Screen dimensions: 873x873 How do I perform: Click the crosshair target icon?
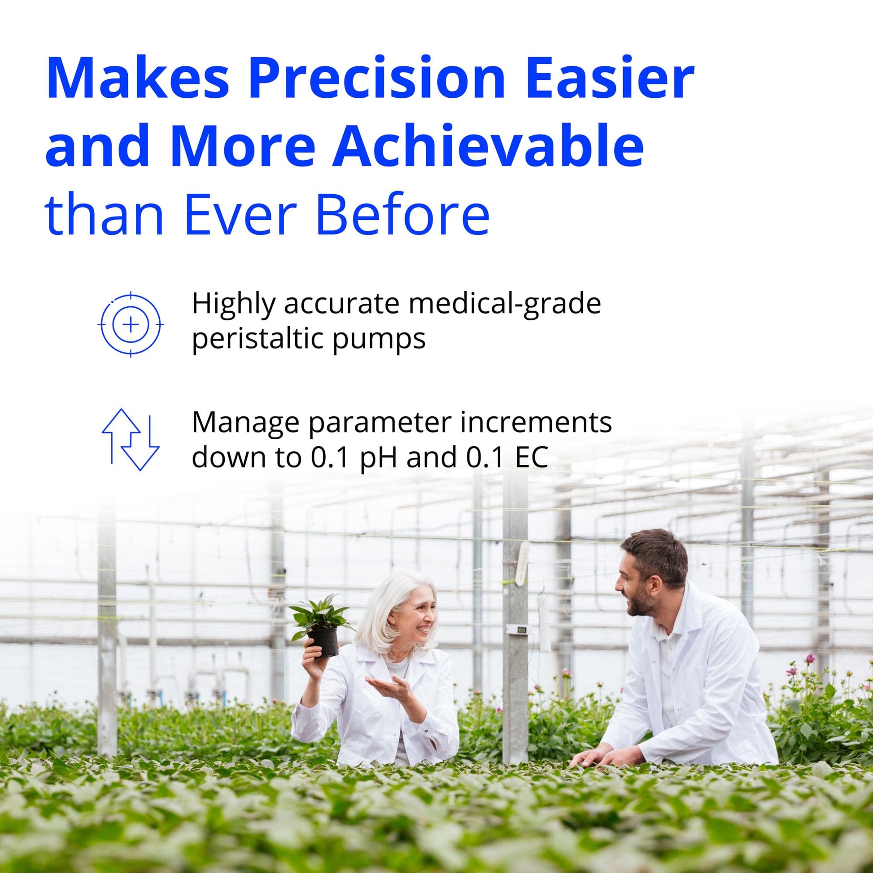pos(131,324)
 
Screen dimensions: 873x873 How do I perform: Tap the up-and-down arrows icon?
pos(131,439)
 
